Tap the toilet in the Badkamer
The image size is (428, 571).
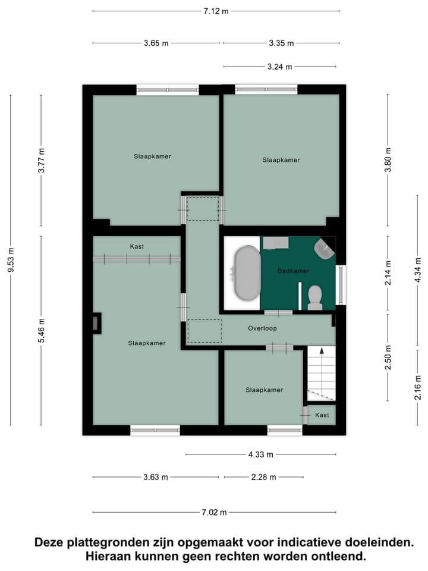pyautogui.click(x=315, y=297)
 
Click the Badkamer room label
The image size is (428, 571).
pyautogui.click(x=294, y=271)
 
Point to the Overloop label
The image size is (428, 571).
pyautogui.click(x=262, y=328)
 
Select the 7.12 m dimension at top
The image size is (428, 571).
pyautogui.click(x=216, y=11)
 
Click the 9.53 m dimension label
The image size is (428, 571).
pyautogui.click(x=10, y=261)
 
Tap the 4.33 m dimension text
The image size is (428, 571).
pyautogui.click(x=261, y=454)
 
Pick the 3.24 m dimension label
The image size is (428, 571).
pyautogui.click(x=279, y=67)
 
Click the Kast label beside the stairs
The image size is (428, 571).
pyautogui.click(x=322, y=415)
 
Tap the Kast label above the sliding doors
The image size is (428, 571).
pyautogui.click(x=137, y=246)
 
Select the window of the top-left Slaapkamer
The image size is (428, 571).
pyautogui.click(x=167, y=90)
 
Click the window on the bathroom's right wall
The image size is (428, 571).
pyautogui.click(x=341, y=285)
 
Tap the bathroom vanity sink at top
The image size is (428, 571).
pyautogui.click(x=275, y=242)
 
